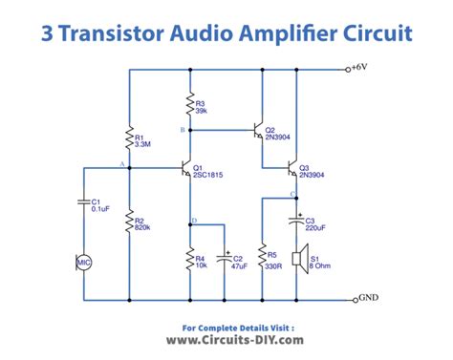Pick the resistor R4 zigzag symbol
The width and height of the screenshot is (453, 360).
(191, 259)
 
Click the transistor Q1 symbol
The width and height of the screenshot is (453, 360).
(186, 169)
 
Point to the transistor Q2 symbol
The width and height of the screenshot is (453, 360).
(257, 130)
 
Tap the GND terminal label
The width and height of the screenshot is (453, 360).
(367, 298)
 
